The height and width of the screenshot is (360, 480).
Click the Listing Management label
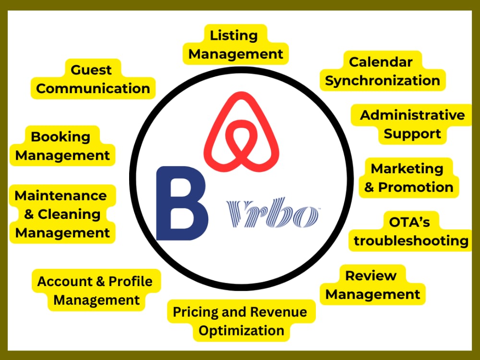(x=235, y=45)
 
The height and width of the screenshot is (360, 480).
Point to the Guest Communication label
(x=93, y=79)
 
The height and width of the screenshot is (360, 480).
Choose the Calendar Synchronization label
(x=383, y=71)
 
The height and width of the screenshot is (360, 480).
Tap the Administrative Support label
(x=412, y=124)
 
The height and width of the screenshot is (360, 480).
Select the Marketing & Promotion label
(x=408, y=178)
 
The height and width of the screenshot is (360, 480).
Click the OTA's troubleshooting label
(x=410, y=231)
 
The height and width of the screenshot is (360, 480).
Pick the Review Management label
(x=372, y=285)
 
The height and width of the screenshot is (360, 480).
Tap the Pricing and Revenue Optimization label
(x=241, y=321)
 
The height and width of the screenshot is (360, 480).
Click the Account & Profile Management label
(x=96, y=290)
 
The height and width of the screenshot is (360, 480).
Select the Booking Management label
(x=62, y=146)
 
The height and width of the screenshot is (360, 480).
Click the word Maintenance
(x=60, y=196)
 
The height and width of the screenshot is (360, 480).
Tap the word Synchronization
(x=383, y=81)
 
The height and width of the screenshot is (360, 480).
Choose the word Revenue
(x=278, y=312)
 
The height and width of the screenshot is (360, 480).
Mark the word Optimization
(x=241, y=331)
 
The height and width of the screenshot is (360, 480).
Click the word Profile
(x=131, y=281)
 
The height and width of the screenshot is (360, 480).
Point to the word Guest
(x=91, y=70)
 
